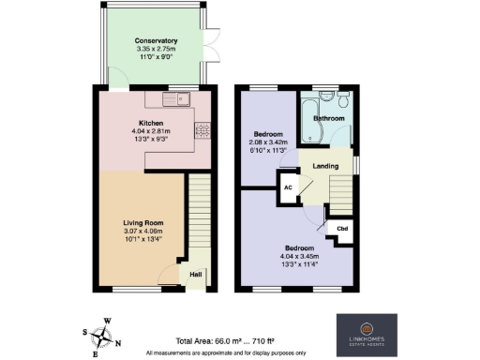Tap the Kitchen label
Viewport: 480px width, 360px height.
[152, 123]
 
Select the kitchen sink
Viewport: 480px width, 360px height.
[175, 98]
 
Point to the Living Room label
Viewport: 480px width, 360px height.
[142, 222]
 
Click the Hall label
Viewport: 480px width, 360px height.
[196, 274]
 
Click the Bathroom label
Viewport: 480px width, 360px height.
[328, 119]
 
